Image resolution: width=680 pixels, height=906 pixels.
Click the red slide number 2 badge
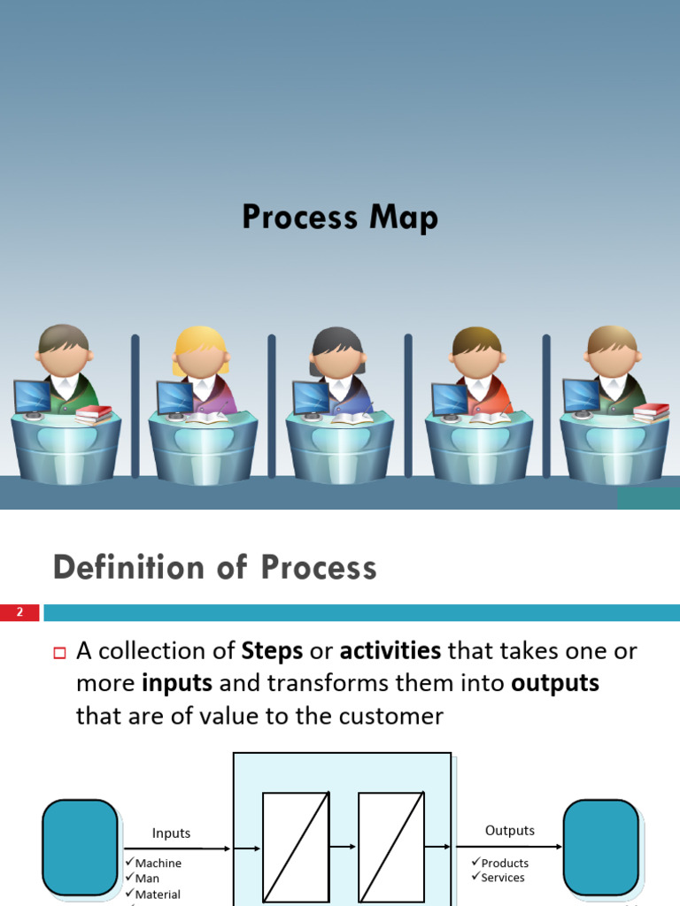(20, 612)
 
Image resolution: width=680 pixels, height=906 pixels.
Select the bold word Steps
(272, 652)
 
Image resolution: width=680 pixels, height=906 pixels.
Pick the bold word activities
(390, 652)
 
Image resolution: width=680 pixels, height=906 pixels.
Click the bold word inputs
(177, 684)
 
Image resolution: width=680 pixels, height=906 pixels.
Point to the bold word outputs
(554, 684)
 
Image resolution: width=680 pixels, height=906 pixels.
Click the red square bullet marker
(60, 654)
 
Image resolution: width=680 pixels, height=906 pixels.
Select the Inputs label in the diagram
(171, 833)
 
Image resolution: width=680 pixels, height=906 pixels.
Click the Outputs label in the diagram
(510, 830)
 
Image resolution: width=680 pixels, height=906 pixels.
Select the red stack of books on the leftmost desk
(94, 412)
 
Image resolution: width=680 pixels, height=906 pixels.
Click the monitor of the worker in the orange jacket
(449, 399)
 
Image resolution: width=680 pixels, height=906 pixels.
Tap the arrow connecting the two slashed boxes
(344, 848)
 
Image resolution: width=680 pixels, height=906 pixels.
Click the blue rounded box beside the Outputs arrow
(601, 848)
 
